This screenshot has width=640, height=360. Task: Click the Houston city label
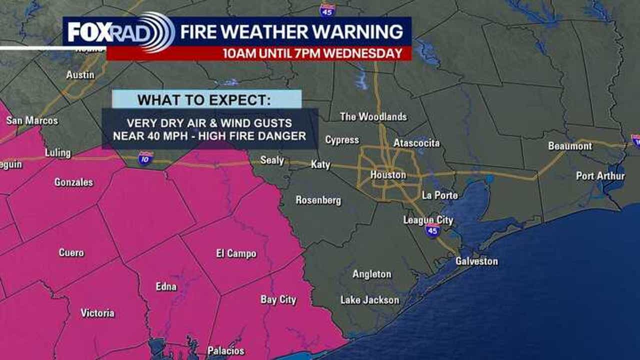click(x=388, y=175)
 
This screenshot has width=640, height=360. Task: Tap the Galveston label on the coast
click(x=476, y=261)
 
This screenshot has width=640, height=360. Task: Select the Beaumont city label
click(x=570, y=146)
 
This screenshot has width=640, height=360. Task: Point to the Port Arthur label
click(x=600, y=176)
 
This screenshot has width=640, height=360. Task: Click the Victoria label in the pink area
click(x=97, y=313)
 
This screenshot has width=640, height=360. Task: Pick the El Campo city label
click(x=236, y=253)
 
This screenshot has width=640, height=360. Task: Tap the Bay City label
click(x=278, y=299)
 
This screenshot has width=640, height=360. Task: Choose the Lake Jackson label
click(x=369, y=300)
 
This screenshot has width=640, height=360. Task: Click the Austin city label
click(x=80, y=74)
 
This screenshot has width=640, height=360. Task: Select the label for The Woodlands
click(x=373, y=116)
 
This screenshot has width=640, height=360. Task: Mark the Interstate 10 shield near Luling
click(x=145, y=158)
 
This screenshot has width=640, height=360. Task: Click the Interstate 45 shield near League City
click(x=432, y=230)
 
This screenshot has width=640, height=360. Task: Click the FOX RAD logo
click(x=120, y=32)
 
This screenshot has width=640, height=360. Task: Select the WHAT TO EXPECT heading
click(x=204, y=99)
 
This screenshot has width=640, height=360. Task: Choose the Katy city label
click(x=320, y=164)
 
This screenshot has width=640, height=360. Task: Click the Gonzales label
click(x=73, y=182)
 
